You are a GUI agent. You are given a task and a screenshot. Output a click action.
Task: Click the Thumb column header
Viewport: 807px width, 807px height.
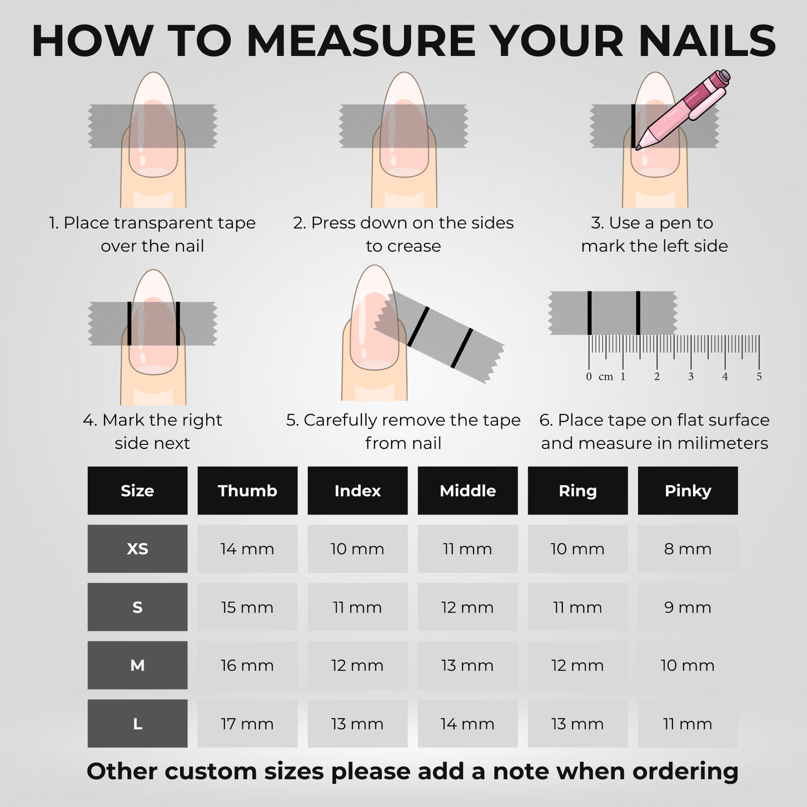247,490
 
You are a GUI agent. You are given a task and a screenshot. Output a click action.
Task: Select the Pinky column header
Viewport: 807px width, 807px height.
687,490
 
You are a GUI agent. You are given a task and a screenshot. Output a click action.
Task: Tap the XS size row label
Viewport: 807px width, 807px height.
137,548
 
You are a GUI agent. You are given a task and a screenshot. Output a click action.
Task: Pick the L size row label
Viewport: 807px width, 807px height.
137,723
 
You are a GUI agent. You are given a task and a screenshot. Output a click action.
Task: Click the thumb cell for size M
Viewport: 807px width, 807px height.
247,665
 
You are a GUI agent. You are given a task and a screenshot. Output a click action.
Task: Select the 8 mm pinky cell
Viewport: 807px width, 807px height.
687,548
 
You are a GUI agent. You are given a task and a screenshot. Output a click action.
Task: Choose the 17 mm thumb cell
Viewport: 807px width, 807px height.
247,723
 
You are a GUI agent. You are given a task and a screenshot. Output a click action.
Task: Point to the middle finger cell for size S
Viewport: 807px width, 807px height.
467,607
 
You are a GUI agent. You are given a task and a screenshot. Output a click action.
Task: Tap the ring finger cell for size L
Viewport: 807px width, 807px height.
577,723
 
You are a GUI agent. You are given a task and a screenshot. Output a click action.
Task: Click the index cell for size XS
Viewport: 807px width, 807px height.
357,548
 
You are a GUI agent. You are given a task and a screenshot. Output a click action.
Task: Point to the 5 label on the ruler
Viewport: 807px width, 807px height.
759,377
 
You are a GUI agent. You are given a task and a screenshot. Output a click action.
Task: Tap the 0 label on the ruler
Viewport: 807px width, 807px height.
589,377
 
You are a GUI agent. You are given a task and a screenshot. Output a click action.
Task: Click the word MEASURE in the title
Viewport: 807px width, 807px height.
361,41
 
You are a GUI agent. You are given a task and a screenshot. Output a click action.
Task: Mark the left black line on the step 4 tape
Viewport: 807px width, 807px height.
129,324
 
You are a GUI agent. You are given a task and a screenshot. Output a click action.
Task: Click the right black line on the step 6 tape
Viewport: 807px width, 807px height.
638,313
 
